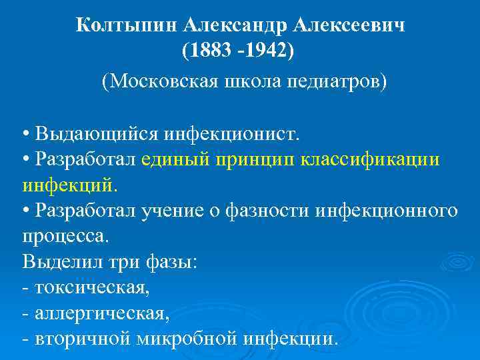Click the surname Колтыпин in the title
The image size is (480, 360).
pos(126,25)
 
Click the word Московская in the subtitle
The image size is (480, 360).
pos(160,82)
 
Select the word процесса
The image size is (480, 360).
pos(64,237)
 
